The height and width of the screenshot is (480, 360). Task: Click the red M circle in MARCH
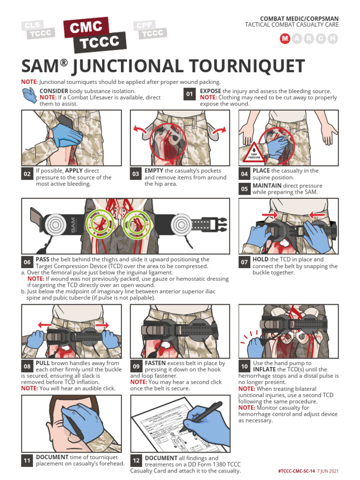point(285,39)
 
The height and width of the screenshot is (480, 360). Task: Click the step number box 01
point(189,94)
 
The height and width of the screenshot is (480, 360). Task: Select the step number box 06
point(27,262)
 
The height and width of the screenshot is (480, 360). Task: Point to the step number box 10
point(244,366)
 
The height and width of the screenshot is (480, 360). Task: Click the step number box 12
point(136,461)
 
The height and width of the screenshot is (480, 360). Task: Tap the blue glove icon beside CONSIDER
point(29,96)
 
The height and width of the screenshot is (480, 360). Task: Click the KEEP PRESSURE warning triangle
point(252,152)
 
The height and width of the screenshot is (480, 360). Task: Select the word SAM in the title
point(42,67)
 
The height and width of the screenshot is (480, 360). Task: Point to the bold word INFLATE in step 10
point(264,369)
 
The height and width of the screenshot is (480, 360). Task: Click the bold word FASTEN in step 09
point(155,363)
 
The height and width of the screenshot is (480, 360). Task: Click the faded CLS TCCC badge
point(38,30)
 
